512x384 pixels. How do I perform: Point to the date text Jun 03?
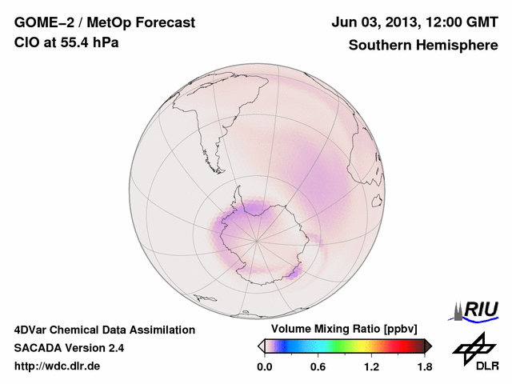354,23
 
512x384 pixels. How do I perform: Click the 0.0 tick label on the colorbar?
265,367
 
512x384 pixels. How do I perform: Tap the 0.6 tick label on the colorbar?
318,367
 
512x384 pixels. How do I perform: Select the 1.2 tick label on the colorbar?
371,367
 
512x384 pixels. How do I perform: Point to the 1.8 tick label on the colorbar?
424,367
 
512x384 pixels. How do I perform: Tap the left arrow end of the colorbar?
261,346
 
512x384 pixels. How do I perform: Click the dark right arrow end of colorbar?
428,346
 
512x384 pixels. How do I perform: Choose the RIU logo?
478,310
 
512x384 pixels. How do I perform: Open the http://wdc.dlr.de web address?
58,366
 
